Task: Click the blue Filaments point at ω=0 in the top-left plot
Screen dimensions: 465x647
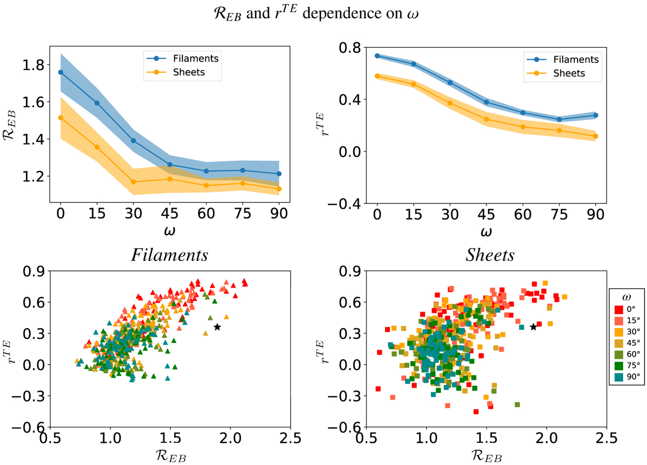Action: pyautogui.click(x=61, y=72)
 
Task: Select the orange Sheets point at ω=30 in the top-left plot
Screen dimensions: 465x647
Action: pyautogui.click(x=133, y=182)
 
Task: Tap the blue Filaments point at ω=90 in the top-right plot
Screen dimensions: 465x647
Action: pyautogui.click(x=596, y=115)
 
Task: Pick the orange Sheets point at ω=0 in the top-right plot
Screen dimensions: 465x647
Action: pyautogui.click(x=377, y=76)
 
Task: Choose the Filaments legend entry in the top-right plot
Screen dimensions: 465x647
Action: pyautogui.click(x=575, y=59)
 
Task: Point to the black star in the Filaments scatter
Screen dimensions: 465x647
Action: pyautogui.click(x=217, y=327)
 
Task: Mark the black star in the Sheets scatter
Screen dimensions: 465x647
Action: pyautogui.click(x=533, y=327)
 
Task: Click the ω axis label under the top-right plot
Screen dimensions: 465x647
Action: pyautogui.click(x=486, y=231)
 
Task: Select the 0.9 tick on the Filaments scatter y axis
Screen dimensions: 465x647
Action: pyautogui.click(x=34, y=272)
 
